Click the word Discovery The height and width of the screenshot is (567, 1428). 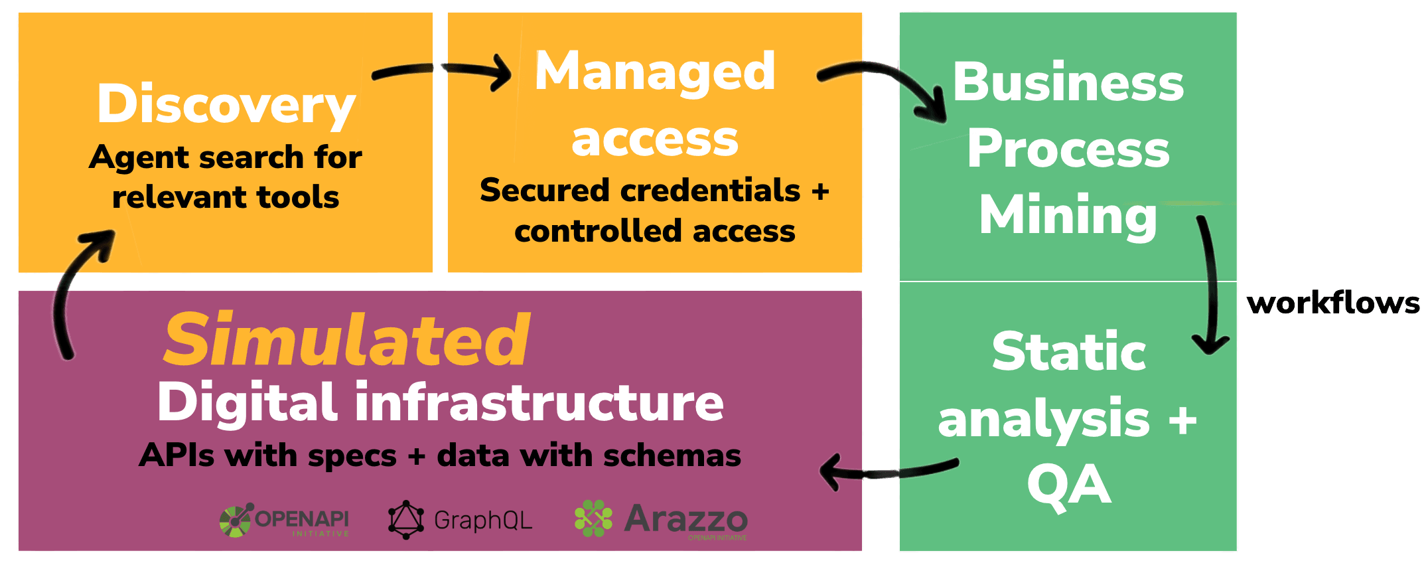pyautogui.click(x=226, y=105)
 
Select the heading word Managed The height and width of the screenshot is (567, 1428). pyautogui.click(x=655, y=72)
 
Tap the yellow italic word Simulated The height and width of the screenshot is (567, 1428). pyautogui.click(x=346, y=340)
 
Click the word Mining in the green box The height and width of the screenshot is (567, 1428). pyautogui.click(x=1068, y=215)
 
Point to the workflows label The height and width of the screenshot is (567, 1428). pyautogui.click(x=1333, y=303)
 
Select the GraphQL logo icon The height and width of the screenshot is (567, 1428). pyautogui.click(x=405, y=520)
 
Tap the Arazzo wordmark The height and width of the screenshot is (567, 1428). pyautogui.click(x=685, y=519)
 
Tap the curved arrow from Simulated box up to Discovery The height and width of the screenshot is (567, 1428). pyautogui.click(x=73, y=292)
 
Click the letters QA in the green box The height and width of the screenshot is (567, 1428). pyautogui.click(x=1068, y=486)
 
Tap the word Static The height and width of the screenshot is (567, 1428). pyautogui.click(x=1068, y=352)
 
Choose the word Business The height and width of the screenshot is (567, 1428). pyautogui.click(x=1068, y=83)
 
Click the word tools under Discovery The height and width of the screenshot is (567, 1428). pyautogui.click(x=298, y=197)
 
